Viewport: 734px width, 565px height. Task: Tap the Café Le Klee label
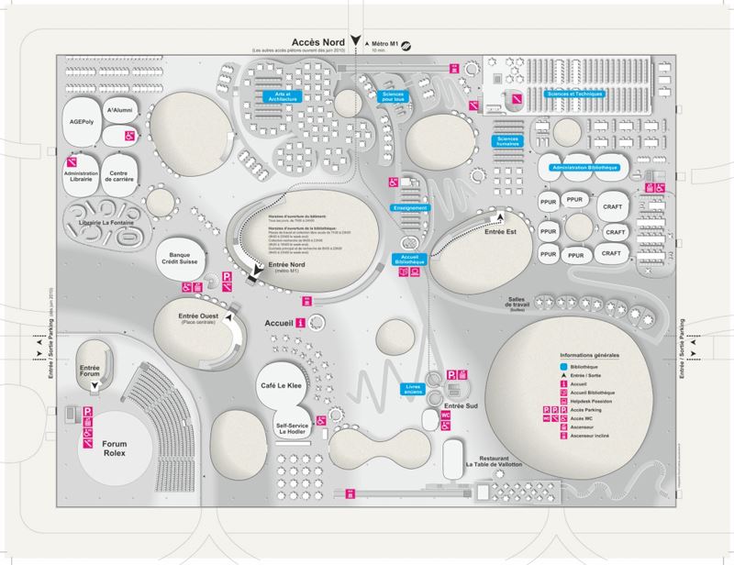[282, 388]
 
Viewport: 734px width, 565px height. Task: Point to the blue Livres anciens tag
[417, 388]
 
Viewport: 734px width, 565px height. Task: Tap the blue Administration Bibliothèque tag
[584, 169]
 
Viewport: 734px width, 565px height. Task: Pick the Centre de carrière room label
[118, 176]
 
